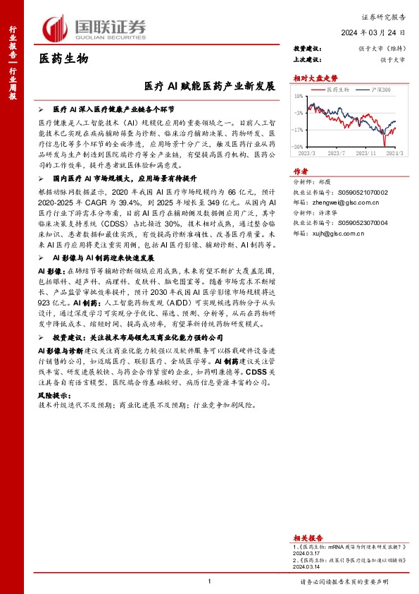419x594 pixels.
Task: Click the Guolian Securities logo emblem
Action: [57, 28]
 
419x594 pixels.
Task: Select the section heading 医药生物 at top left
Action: [63, 59]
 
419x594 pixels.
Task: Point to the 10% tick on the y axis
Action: [299, 96]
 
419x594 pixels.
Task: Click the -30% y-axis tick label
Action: [299, 147]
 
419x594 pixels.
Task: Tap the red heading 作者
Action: [301, 171]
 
